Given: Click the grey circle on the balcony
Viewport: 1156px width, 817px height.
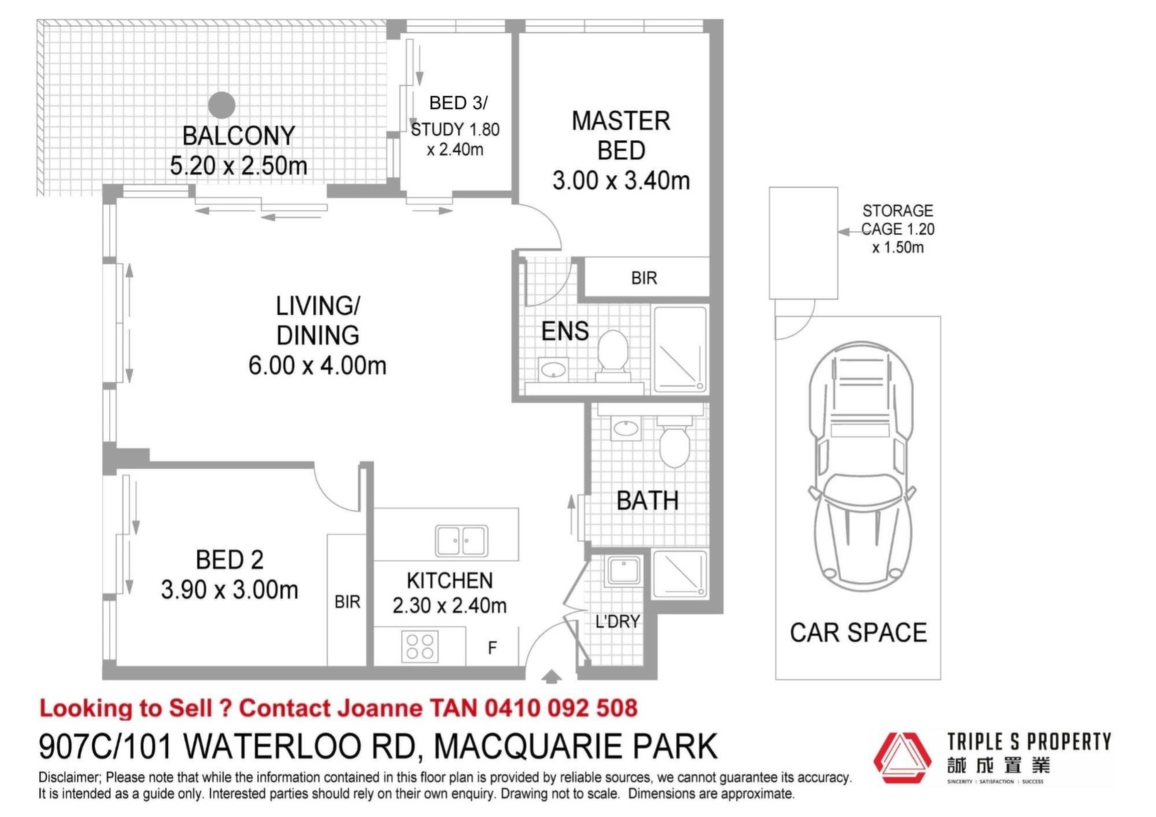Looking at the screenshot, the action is click(222, 105).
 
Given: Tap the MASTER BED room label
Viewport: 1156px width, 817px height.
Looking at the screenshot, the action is click(621, 135).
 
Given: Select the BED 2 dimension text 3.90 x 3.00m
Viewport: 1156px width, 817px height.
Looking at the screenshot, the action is click(229, 590).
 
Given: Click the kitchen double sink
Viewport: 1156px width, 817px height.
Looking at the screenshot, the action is click(461, 541).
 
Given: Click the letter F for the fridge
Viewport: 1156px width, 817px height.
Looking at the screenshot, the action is click(493, 648).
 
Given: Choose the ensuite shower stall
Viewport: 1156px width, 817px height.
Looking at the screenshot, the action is click(680, 350).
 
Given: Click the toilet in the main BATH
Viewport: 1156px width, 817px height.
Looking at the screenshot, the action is click(674, 443).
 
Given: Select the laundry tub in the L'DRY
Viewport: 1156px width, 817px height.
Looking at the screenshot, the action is click(624, 570).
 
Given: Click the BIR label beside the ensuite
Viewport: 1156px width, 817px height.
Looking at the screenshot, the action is click(644, 278).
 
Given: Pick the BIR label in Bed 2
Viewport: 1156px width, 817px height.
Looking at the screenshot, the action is click(347, 601).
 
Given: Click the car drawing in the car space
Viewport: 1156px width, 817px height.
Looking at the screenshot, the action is click(861, 467).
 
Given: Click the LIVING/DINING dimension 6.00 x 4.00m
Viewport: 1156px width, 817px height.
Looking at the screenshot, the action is click(317, 365).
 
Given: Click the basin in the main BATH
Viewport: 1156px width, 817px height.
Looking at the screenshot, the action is click(626, 429).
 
